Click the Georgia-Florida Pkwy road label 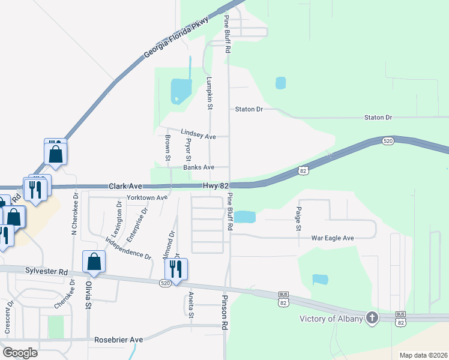pyautogui.click(x=176, y=38)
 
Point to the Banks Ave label pyautogui.click(x=199, y=167)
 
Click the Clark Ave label pyautogui.click(x=124, y=187)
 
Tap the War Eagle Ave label pyautogui.click(x=333, y=238)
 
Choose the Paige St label pyautogui.click(x=298, y=219)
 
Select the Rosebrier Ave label pyautogui.click(x=119, y=340)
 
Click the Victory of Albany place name pyautogui.click(x=331, y=318)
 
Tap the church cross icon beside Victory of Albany pyautogui.click(x=372, y=317)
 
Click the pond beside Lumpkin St pyautogui.click(x=181, y=91)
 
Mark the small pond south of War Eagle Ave pyautogui.click(x=321, y=279)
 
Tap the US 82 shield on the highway pyautogui.click(x=304, y=172)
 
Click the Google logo pyautogui.click(x=20, y=353)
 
